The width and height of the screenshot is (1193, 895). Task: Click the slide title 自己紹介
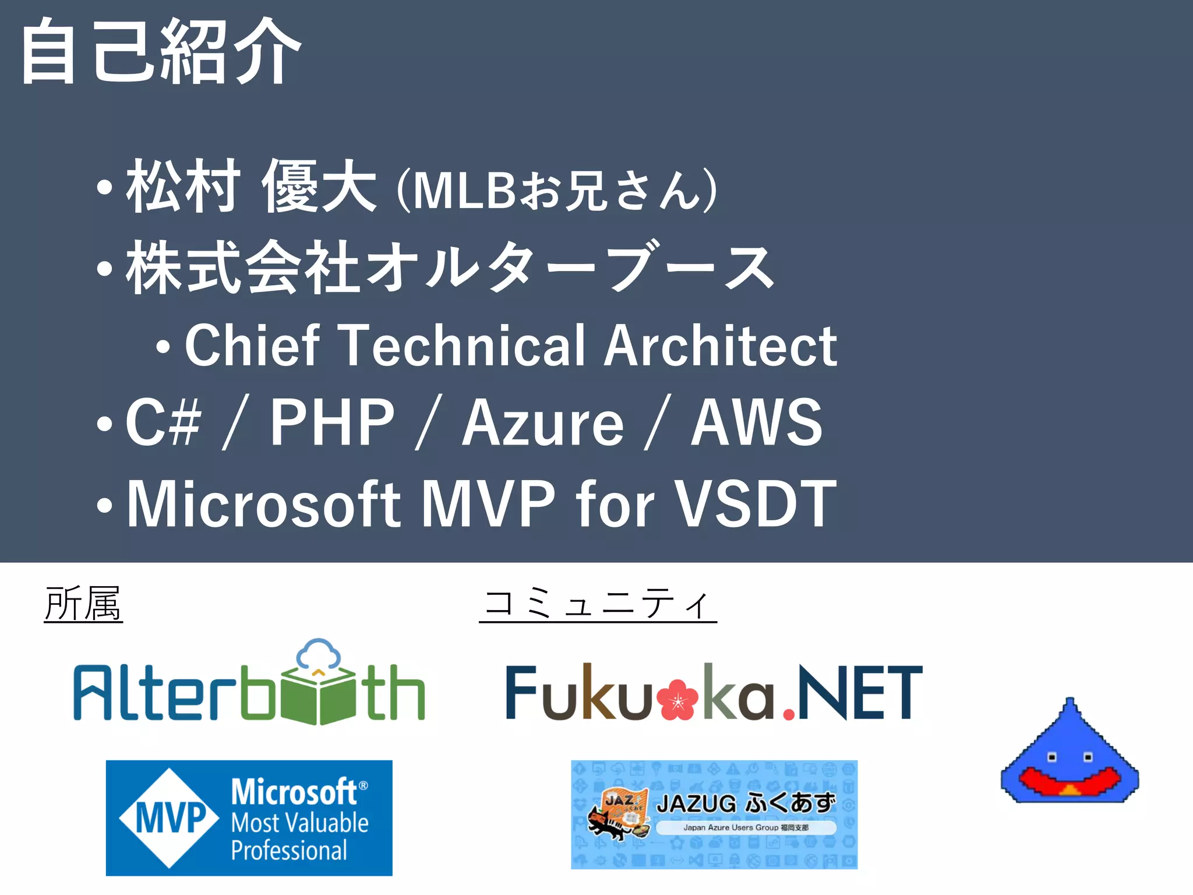pyautogui.click(x=160, y=51)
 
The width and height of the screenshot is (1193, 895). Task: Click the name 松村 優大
pyautogui.click(x=250, y=186)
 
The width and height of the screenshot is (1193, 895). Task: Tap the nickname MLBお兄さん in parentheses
pyautogui.click(x=556, y=190)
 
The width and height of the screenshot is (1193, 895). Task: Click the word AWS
pyautogui.click(x=756, y=422)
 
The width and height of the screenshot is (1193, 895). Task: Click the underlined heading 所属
pyautogui.click(x=83, y=604)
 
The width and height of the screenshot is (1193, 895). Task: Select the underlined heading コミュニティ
pyautogui.click(x=598, y=604)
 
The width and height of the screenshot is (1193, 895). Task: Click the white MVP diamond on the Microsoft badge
pyautogui.click(x=170, y=818)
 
